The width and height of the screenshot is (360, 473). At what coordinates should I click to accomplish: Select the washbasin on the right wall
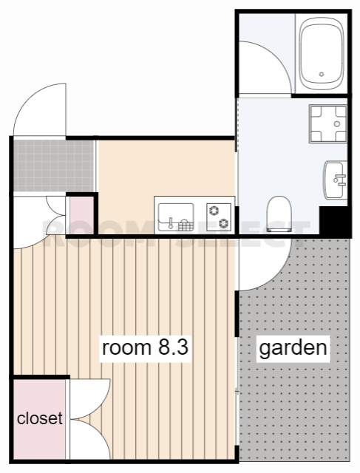[336, 180]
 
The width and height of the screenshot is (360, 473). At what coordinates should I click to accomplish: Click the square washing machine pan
[328, 125]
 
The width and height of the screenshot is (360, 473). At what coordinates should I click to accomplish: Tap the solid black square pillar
[333, 221]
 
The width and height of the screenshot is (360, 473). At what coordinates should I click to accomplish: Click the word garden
[293, 347]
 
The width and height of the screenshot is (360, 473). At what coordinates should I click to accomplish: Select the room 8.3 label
[146, 348]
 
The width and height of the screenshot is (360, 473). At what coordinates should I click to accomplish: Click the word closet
[40, 418]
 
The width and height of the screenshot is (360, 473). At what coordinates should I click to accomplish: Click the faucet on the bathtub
[322, 74]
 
